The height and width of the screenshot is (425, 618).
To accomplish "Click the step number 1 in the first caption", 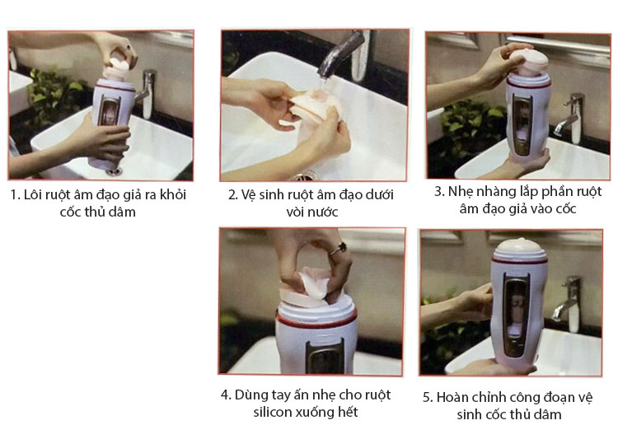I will click(14, 196).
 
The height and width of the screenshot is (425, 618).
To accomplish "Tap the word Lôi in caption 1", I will click(34, 196).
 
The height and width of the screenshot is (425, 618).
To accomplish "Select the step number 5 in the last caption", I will click(428, 397).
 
